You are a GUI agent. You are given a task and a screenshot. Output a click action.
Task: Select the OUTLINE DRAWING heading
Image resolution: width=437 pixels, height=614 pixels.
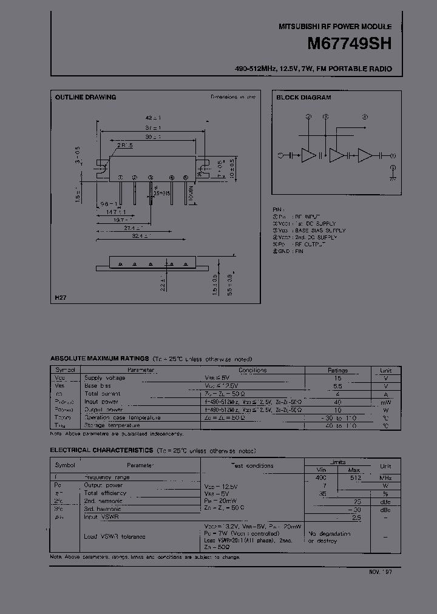[x=86, y=97]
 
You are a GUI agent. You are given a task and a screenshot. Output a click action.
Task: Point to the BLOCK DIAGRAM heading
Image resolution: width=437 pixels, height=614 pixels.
[x=303, y=97]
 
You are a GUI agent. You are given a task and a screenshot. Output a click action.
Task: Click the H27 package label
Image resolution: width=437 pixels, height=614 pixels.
[x=60, y=297]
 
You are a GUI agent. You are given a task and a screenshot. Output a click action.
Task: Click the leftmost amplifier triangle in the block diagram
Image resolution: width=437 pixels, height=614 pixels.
[x=308, y=155]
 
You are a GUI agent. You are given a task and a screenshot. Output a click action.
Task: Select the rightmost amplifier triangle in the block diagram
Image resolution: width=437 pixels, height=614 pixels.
[x=365, y=155]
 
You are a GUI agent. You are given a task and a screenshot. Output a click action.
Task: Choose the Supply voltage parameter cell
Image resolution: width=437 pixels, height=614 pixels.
[x=104, y=378]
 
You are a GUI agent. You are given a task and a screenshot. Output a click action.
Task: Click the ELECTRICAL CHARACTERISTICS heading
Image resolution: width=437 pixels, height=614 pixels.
[x=101, y=450]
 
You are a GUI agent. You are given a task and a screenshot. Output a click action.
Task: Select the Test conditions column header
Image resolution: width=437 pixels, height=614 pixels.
[x=252, y=465]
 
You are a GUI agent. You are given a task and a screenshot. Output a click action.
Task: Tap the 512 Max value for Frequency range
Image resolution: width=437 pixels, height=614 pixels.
[x=355, y=477]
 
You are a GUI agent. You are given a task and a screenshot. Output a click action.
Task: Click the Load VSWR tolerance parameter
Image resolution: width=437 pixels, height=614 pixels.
[x=114, y=536]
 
